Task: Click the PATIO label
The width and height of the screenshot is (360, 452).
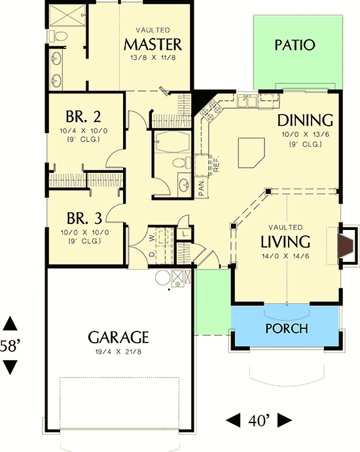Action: [295, 45]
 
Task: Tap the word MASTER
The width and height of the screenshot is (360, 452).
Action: [153, 45]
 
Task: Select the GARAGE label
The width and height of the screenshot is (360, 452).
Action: [118, 337]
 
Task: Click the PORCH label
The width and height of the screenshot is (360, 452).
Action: [287, 328]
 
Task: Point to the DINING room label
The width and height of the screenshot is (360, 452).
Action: [305, 121]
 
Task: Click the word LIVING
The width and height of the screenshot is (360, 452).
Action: [285, 242]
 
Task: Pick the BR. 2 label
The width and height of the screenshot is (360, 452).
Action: [83, 117]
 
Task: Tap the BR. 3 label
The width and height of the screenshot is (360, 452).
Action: [84, 218]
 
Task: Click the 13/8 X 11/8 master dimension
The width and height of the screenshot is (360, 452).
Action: [153, 58]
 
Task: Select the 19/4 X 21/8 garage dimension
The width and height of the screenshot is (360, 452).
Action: [118, 352]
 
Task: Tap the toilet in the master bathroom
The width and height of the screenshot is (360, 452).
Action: [58, 36]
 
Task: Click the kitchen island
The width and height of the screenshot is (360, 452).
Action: [251, 153]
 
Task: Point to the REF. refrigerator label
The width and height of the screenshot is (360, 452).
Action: [217, 164]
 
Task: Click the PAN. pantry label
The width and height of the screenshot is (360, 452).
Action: [202, 187]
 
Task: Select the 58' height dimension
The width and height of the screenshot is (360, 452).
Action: [10, 346]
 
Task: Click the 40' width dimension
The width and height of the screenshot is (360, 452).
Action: [259, 421]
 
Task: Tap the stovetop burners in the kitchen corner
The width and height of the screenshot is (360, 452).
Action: [211, 110]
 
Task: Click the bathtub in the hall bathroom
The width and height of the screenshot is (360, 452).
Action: [173, 142]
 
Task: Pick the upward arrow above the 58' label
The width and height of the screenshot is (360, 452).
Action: [10, 324]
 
